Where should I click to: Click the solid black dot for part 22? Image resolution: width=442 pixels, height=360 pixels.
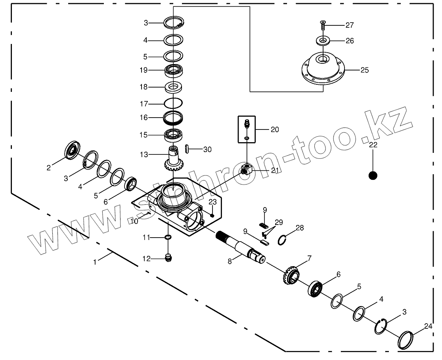(x=373, y=175)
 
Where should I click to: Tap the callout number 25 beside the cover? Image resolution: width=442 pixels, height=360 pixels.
(x=364, y=70)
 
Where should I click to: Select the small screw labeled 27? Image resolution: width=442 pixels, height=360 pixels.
(x=322, y=26)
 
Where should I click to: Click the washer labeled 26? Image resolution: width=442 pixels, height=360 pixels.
(x=324, y=40)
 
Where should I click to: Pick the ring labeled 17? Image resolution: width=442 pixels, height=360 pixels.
(x=173, y=104)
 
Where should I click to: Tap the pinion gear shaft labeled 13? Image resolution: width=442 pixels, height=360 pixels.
(x=173, y=158)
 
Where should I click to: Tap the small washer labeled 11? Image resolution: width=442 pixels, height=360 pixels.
(x=168, y=237)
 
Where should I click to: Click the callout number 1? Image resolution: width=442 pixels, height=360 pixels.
(x=94, y=261)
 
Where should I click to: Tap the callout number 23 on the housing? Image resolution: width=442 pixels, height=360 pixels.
(x=212, y=202)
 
